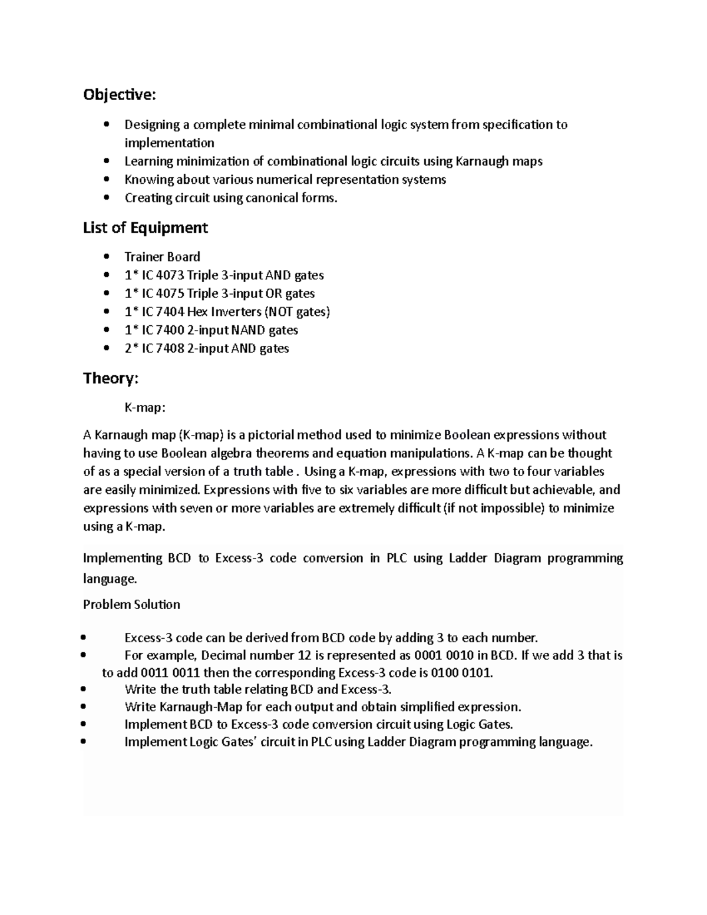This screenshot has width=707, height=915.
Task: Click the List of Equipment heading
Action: click(146, 227)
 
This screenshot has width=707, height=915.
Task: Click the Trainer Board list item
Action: click(162, 257)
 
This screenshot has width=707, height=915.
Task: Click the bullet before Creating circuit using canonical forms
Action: click(106, 198)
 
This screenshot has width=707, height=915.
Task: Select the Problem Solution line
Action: click(131, 605)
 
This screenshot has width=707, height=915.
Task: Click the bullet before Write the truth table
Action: click(86, 689)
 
